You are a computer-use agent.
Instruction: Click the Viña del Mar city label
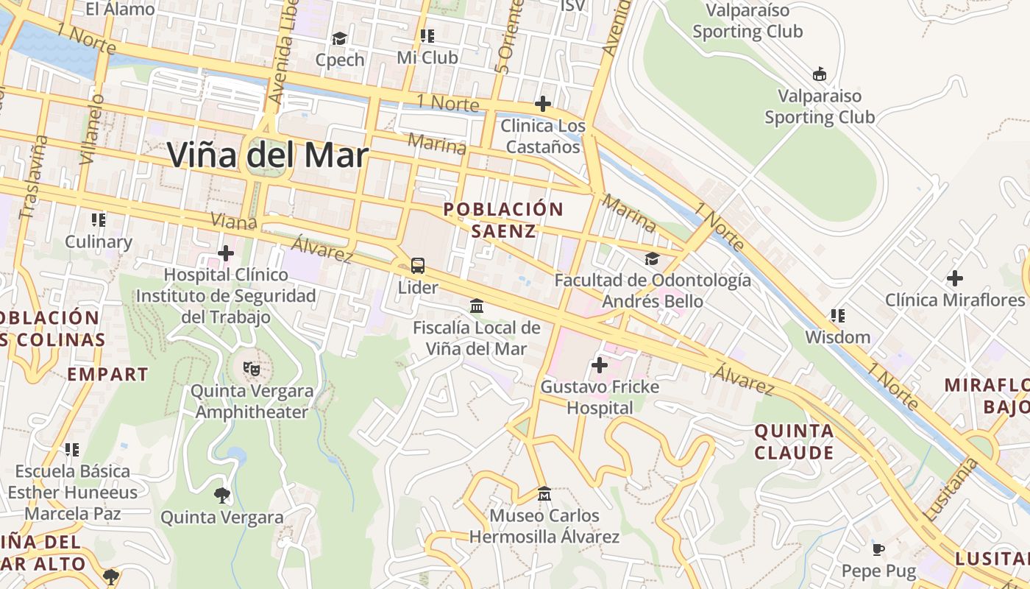click(x=267, y=155)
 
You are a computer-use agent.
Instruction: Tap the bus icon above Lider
click(x=417, y=266)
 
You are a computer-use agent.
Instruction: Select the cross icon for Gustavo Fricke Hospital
click(x=600, y=364)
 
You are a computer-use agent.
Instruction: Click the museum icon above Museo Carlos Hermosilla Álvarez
click(x=544, y=493)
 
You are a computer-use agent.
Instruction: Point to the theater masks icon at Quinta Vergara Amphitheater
click(x=252, y=368)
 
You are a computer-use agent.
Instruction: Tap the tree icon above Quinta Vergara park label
click(x=221, y=495)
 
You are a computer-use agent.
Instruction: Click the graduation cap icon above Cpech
click(x=339, y=38)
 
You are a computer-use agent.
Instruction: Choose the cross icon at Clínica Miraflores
click(x=954, y=278)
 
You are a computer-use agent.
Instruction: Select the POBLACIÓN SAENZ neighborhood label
click(x=503, y=220)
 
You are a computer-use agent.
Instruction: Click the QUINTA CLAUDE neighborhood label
click(x=795, y=441)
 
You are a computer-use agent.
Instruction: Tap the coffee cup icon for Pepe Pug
click(x=878, y=549)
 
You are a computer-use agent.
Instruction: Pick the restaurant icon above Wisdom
click(x=837, y=316)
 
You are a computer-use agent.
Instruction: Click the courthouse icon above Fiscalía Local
click(x=477, y=306)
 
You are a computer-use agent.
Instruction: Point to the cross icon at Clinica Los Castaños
click(x=543, y=104)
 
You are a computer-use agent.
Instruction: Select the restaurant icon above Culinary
click(x=98, y=219)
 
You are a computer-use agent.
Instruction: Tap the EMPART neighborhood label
click(x=107, y=374)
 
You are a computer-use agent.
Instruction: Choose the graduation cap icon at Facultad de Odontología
click(x=652, y=258)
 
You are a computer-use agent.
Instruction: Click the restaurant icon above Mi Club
click(x=427, y=35)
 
